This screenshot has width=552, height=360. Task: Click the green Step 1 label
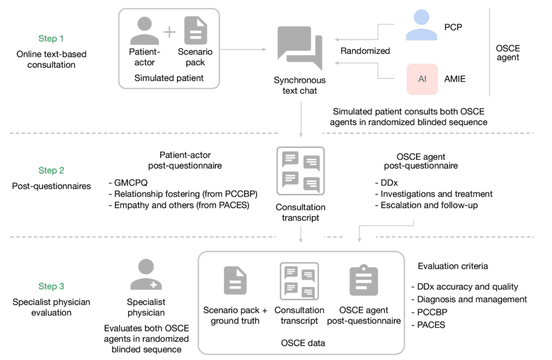click(51, 39)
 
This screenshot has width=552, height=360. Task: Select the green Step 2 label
click(51, 171)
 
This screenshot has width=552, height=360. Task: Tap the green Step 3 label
click(51, 286)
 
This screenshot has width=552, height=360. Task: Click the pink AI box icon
click(422, 79)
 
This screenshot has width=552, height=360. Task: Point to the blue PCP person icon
click(422, 25)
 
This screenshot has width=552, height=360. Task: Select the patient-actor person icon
click(144, 31)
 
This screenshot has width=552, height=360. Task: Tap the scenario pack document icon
click(195, 31)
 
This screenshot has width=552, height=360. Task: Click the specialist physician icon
click(146, 274)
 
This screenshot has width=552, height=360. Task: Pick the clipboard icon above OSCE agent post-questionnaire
click(364, 280)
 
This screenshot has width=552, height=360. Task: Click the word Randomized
click(365, 51)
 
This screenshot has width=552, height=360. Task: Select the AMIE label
click(455, 79)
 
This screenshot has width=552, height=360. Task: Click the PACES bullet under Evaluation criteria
click(428, 325)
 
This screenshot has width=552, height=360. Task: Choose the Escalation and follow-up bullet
click(426, 205)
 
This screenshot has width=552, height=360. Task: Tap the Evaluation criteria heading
click(453, 266)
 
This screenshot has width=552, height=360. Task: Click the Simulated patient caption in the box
click(169, 78)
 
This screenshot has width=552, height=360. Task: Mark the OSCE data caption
click(303, 343)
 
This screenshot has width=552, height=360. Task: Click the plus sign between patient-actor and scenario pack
click(170, 32)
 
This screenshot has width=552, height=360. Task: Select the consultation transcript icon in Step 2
click(300, 171)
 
